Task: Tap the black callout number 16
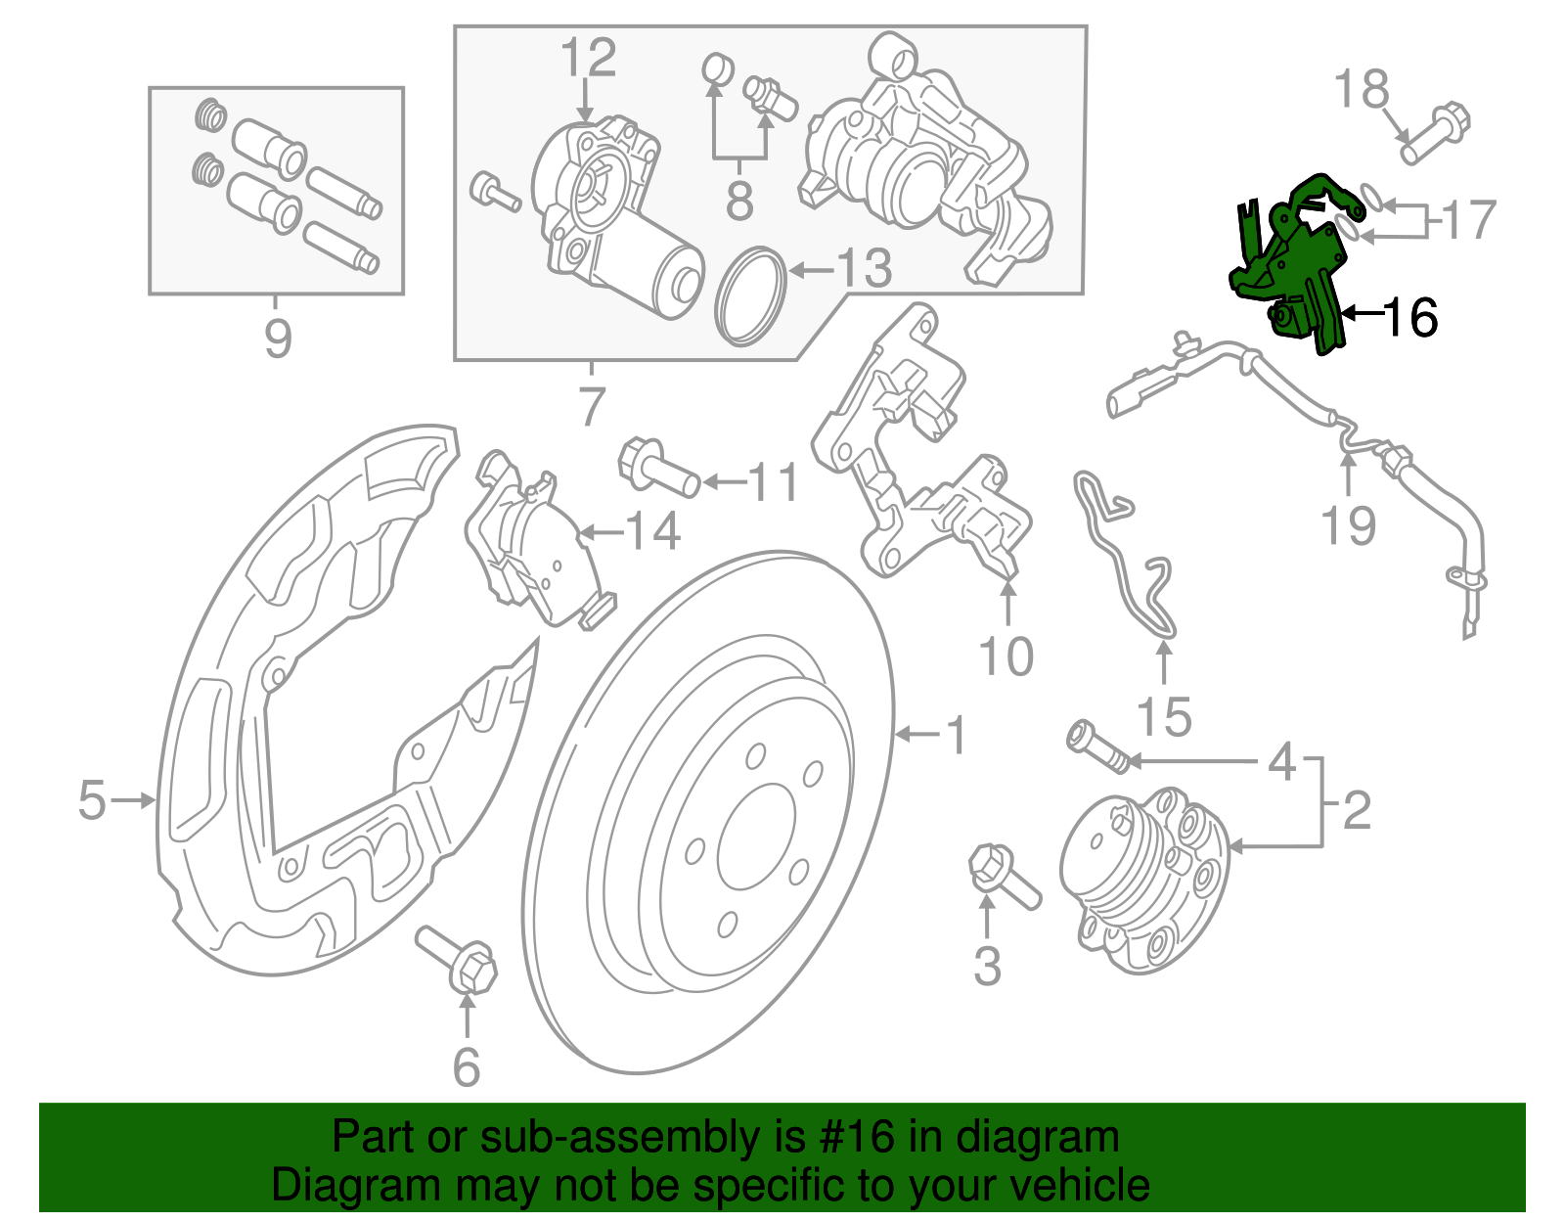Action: coord(1411,318)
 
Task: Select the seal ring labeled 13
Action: coord(751,296)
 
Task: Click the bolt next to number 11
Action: coord(658,467)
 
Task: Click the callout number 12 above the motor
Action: coord(588,58)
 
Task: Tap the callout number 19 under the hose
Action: coord(1349,525)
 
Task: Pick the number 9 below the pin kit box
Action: coord(278,339)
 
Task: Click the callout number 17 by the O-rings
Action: coord(1468,220)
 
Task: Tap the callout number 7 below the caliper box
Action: coord(592,407)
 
